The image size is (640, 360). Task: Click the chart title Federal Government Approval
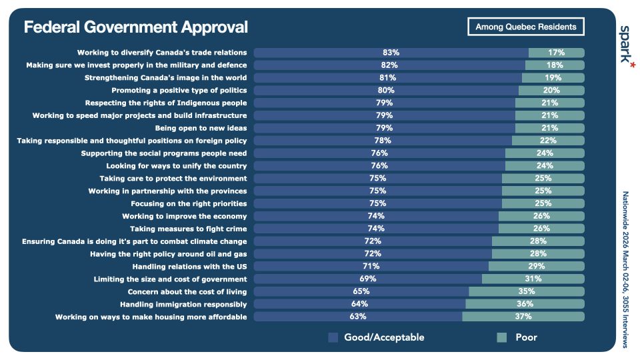tap(135, 27)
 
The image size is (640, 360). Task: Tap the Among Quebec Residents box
tap(526, 27)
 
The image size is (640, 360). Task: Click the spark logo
tap(626, 45)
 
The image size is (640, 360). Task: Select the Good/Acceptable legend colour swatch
tap(333, 337)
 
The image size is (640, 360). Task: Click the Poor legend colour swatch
tap(503, 337)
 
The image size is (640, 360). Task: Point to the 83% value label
tap(391, 53)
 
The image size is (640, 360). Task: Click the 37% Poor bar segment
tap(523, 316)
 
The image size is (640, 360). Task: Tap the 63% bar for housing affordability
tap(358, 316)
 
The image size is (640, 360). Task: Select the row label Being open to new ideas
tap(201, 128)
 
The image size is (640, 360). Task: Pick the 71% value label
tap(372, 266)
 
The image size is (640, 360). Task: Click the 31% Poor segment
tap(533, 279)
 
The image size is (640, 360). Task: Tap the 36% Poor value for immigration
tap(525, 304)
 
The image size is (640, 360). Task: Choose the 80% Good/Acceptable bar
tap(386, 90)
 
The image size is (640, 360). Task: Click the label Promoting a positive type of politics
tap(179, 90)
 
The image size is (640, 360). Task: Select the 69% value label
tap(368, 279)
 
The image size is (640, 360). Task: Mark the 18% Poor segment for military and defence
tap(555, 65)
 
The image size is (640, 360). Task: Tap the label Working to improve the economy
tap(185, 216)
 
